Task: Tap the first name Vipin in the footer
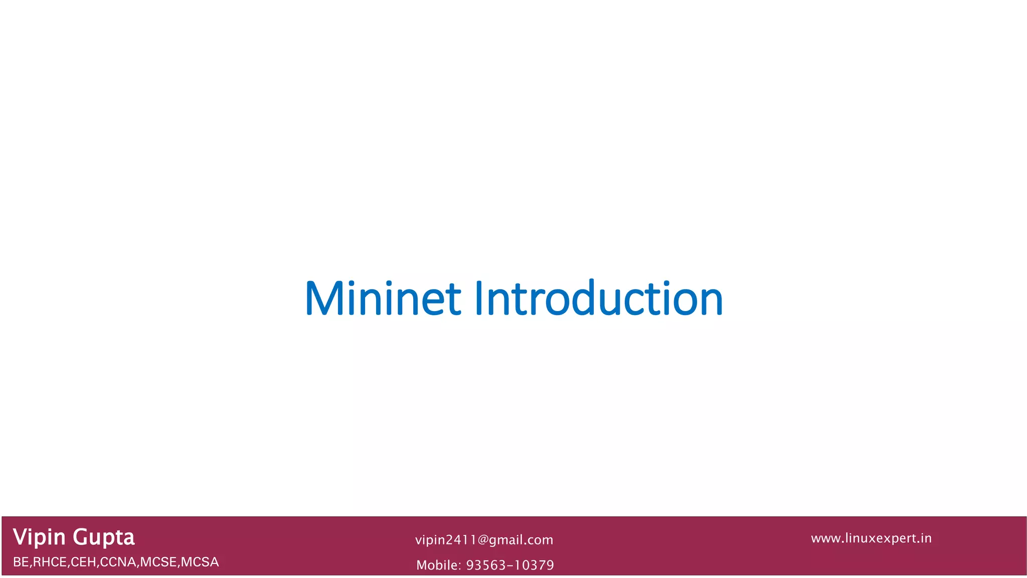point(39,537)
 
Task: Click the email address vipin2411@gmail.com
point(484,540)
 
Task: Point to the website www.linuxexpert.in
point(871,538)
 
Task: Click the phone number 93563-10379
point(510,565)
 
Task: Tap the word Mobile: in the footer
point(438,565)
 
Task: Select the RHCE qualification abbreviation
point(49,562)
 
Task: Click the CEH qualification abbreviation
point(83,562)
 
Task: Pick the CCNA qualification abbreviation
point(118,562)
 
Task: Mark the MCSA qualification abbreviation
point(200,562)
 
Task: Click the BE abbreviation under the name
point(21,562)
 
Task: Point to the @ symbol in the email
point(483,540)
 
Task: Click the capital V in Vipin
point(21,537)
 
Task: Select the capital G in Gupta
point(81,537)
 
